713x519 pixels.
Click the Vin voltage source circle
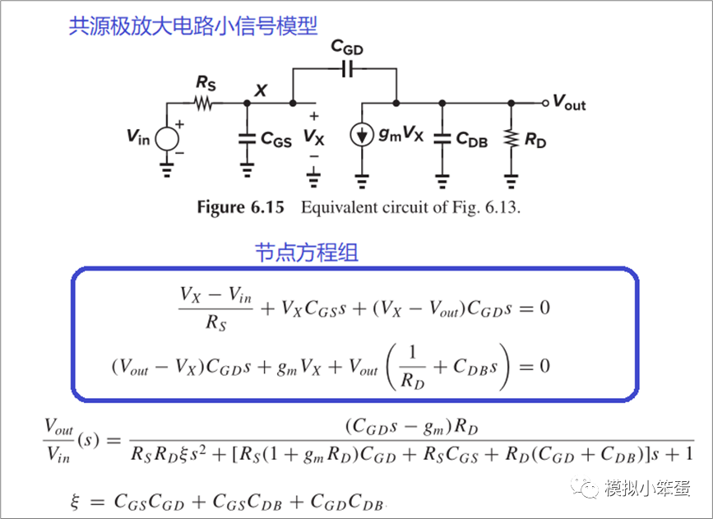pyautogui.click(x=167, y=137)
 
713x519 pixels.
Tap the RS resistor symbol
pyautogui.click(x=202, y=104)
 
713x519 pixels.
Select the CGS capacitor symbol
pyautogui.click(x=247, y=138)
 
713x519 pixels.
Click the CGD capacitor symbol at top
pyautogui.click(x=347, y=71)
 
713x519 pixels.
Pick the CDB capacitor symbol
pyautogui.click(x=442, y=138)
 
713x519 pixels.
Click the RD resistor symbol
pyautogui.click(x=512, y=138)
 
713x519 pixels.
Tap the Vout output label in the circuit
pyautogui.click(x=569, y=103)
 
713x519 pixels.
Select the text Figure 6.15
pyautogui.click(x=240, y=207)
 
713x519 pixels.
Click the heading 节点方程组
pyautogui.click(x=306, y=253)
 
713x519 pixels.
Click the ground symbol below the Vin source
pyautogui.click(x=167, y=170)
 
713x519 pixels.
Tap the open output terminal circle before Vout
pyautogui.click(x=544, y=104)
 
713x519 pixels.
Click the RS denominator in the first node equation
pyautogui.click(x=215, y=324)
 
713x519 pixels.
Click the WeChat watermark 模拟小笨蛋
pyautogui.click(x=649, y=487)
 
